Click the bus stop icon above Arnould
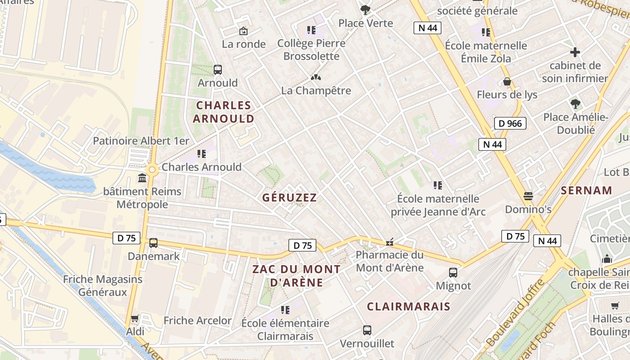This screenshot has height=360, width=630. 218,70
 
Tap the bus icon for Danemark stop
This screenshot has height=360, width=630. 153,243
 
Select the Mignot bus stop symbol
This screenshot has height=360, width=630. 453,272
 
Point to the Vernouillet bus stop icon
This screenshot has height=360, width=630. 367,330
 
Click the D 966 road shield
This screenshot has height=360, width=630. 510,123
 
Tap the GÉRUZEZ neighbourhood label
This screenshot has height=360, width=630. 290,198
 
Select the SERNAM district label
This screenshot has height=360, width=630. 586,190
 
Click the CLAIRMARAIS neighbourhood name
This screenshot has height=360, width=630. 408,306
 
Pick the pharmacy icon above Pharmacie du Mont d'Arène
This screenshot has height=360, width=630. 390,242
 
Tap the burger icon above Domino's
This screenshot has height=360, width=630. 528,196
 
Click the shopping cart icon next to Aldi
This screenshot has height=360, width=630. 135,319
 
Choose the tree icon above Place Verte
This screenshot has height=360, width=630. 365,9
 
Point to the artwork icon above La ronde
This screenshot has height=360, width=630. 243,31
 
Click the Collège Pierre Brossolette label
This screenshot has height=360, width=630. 311,49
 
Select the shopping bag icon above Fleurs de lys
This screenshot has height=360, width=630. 507,81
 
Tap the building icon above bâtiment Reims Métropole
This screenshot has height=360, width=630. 143,178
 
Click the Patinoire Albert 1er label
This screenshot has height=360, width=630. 141,141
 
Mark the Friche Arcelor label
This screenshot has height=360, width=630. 198,320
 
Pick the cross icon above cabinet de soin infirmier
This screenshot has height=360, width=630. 575,52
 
